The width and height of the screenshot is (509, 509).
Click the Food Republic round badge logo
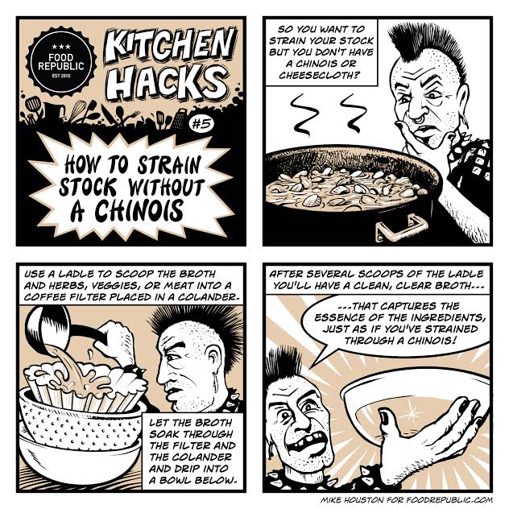[61, 62]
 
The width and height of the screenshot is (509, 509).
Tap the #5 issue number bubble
[201, 124]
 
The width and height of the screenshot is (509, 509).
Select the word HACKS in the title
[166, 81]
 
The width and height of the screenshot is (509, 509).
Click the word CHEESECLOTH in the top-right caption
[320, 76]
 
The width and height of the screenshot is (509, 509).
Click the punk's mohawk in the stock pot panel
[428, 48]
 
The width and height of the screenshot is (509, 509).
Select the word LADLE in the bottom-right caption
[466, 274]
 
